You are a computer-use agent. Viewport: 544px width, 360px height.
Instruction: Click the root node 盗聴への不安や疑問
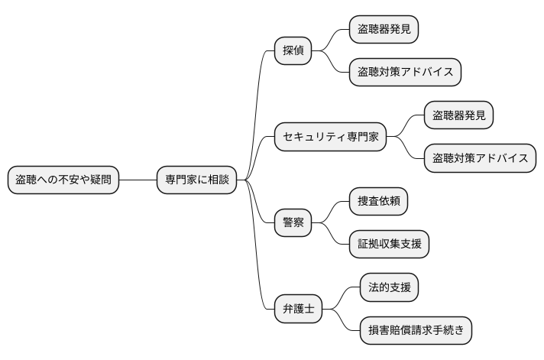pyautogui.click(x=63, y=180)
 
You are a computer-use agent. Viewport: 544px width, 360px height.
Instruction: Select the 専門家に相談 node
pyautogui.click(x=196, y=180)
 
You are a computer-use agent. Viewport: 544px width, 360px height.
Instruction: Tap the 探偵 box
pyautogui.click(x=294, y=51)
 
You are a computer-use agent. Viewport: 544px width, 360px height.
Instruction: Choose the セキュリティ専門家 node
pyautogui.click(x=330, y=138)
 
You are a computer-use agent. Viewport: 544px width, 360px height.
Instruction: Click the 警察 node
pyautogui.click(x=294, y=223)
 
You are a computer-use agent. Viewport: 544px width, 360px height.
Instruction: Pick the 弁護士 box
pyautogui.click(x=299, y=310)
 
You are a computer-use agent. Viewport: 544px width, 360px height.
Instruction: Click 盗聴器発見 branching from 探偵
pyautogui.click(x=384, y=30)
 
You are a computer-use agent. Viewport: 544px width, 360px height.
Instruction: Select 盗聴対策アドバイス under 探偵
pyautogui.click(x=405, y=73)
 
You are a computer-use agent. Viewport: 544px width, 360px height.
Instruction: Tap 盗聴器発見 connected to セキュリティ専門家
pyautogui.click(x=458, y=116)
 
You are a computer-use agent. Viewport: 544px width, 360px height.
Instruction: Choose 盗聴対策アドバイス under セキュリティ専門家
pyautogui.click(x=480, y=159)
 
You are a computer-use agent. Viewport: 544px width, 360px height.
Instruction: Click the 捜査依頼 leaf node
pyautogui.click(x=377, y=202)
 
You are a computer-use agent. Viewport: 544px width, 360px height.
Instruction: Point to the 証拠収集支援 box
pyautogui.click(x=389, y=245)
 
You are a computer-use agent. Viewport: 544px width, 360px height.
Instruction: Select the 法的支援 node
pyautogui.click(x=389, y=288)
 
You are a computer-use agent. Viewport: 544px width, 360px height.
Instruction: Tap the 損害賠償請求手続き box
pyautogui.click(x=416, y=331)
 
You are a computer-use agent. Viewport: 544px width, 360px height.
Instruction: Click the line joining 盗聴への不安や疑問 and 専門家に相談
pyautogui.click(x=138, y=180)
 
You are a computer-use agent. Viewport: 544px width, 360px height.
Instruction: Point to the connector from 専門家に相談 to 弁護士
pyautogui.click(x=261, y=275)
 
